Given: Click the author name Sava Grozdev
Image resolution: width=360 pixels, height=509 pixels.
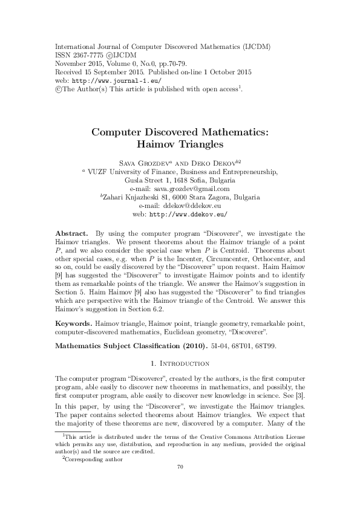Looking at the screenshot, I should pyautogui.click(x=143, y=163).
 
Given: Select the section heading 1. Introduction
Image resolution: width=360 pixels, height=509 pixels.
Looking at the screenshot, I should pyautogui.click(x=180, y=363).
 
